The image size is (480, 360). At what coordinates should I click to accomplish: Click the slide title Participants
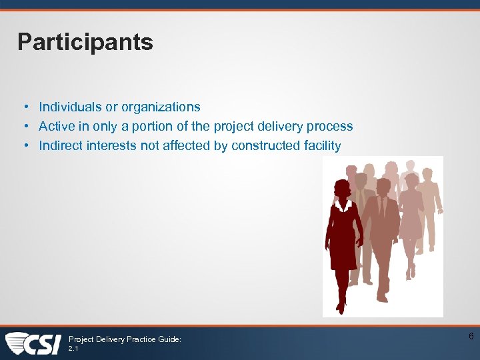tap(85, 42)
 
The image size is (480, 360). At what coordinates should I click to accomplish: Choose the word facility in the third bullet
tap(320, 145)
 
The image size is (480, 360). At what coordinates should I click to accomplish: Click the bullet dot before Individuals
tap(23, 107)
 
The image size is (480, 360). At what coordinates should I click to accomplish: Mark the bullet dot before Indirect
tap(23, 146)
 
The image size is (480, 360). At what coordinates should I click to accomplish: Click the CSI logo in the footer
tap(33, 343)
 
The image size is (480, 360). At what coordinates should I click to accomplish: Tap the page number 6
tap(471, 337)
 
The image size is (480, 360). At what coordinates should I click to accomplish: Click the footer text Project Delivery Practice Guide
tap(125, 339)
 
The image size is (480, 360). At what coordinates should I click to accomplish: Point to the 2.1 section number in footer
tap(74, 348)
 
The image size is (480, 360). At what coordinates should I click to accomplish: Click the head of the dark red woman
tap(342, 189)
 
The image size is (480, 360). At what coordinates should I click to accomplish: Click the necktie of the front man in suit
tap(382, 207)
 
